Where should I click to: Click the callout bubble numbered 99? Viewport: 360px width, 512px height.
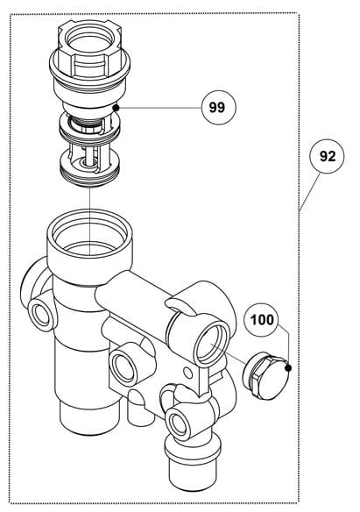[218, 107]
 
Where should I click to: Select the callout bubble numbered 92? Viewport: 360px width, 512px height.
[327, 156]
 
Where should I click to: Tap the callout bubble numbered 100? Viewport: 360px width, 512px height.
[262, 320]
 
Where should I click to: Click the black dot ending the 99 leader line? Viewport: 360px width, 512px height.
[116, 107]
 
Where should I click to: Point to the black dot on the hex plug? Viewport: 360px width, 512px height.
[287, 368]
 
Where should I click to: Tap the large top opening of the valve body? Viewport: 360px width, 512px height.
[89, 232]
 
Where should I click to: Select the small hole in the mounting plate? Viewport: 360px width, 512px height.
[187, 373]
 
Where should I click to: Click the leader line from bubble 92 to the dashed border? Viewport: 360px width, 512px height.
[310, 192]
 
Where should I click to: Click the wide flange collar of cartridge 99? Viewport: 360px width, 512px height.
[89, 67]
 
